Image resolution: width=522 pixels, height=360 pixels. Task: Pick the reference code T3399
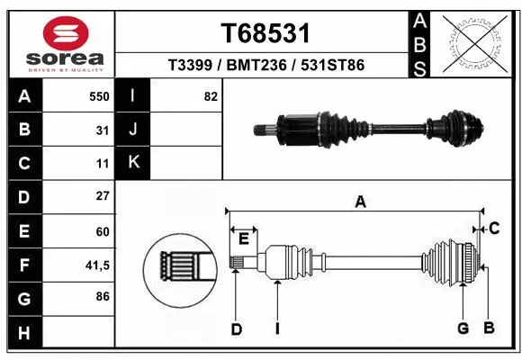(x=191, y=66)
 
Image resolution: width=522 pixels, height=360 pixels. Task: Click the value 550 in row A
(x=100, y=96)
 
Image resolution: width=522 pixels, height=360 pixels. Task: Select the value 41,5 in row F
(x=96, y=265)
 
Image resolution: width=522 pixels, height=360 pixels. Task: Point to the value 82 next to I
(x=211, y=96)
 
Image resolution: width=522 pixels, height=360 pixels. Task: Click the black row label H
(x=24, y=334)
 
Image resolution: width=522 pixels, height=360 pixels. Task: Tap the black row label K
(x=134, y=163)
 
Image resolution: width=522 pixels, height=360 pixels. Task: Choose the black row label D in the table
(x=24, y=196)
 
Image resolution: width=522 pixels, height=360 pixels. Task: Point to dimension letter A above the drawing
(x=360, y=202)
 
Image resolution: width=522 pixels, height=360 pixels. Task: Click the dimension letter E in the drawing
(x=243, y=237)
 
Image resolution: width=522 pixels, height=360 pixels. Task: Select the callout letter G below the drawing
(x=463, y=328)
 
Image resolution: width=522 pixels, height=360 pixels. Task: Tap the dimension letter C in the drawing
(x=494, y=229)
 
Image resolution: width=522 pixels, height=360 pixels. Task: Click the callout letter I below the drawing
(x=278, y=329)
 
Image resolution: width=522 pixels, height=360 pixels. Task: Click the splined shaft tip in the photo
(x=262, y=132)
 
